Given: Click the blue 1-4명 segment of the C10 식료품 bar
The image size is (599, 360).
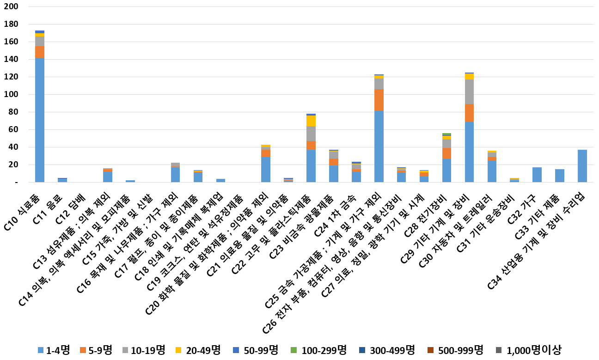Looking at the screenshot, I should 40,120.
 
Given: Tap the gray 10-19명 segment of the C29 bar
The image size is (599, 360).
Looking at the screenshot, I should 469,92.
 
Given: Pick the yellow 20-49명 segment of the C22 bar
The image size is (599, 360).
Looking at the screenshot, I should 311,121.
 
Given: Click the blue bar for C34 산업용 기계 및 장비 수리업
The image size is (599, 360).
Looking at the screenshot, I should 582,166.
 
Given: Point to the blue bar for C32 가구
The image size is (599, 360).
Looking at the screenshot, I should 537,175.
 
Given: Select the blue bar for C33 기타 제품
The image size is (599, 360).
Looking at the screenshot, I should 560,176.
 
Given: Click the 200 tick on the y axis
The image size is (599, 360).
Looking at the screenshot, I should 12,7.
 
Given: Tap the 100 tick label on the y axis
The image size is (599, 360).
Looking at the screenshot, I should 12,95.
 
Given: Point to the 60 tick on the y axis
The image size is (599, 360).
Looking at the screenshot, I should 14,130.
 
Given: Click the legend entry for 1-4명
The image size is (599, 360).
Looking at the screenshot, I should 53,350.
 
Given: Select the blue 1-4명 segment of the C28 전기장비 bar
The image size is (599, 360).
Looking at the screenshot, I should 446,171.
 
